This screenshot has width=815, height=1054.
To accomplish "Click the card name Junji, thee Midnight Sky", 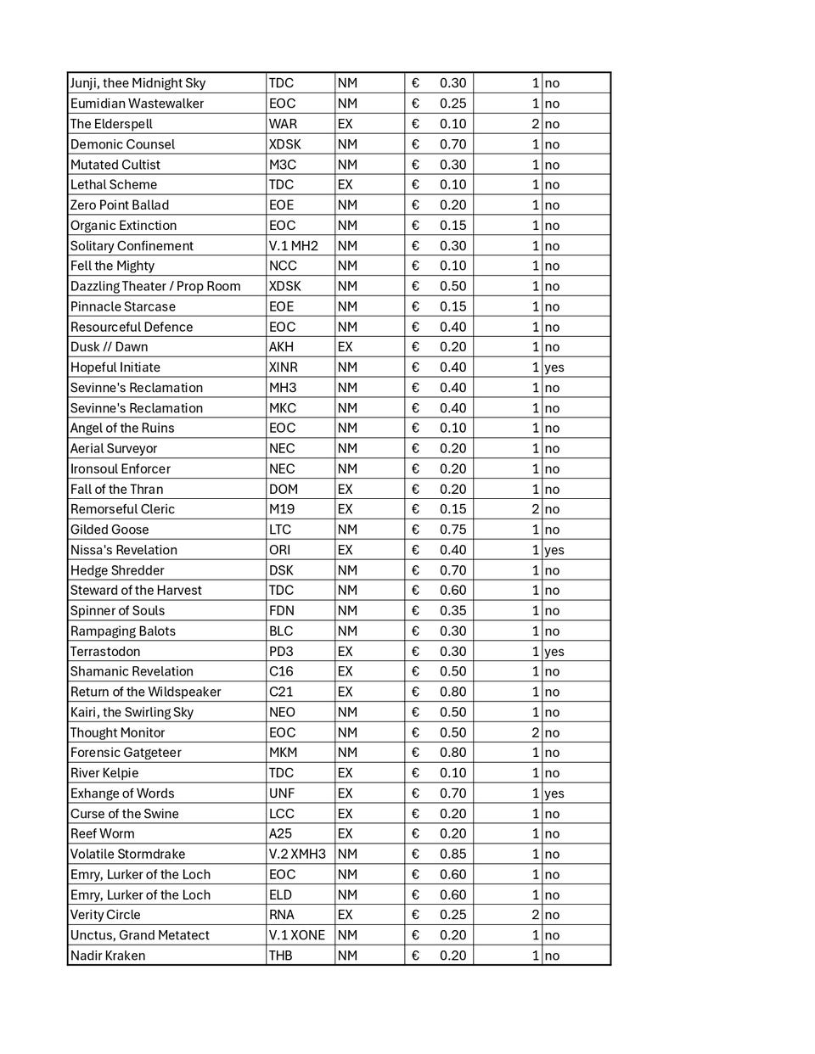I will click(x=138, y=83).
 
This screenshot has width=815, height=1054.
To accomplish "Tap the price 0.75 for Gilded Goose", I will click(x=452, y=530).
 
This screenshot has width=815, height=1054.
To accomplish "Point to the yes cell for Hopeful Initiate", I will click(x=554, y=367).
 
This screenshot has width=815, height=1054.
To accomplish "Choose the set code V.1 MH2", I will click(x=293, y=246).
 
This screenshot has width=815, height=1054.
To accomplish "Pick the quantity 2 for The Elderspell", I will click(x=535, y=124).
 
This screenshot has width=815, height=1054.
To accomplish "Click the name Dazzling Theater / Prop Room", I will click(x=155, y=286).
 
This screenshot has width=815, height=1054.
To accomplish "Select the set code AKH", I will click(x=281, y=347).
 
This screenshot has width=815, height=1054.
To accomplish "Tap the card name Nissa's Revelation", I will click(x=124, y=550).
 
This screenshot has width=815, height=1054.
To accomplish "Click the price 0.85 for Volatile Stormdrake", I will click(x=452, y=855).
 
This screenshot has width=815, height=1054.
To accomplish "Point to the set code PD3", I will click(x=281, y=652).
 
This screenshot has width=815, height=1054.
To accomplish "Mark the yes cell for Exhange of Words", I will click(x=554, y=793).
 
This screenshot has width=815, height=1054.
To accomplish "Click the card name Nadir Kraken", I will click(x=108, y=956).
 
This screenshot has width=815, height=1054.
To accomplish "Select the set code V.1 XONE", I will click(x=296, y=935).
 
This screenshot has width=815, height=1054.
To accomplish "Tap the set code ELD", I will click(x=280, y=894).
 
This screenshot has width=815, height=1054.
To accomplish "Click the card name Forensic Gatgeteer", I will click(x=126, y=753).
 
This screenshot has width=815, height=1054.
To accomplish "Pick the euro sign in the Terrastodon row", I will click(x=415, y=652).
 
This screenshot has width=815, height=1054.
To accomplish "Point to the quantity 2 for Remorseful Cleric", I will click(x=535, y=509).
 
